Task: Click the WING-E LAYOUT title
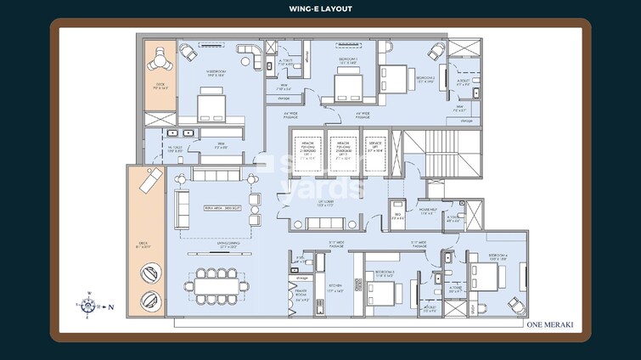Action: (x=320, y=9)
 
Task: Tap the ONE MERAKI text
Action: (x=551, y=323)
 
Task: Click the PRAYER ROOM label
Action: (x=301, y=298)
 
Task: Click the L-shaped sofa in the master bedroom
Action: (x=250, y=59)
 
